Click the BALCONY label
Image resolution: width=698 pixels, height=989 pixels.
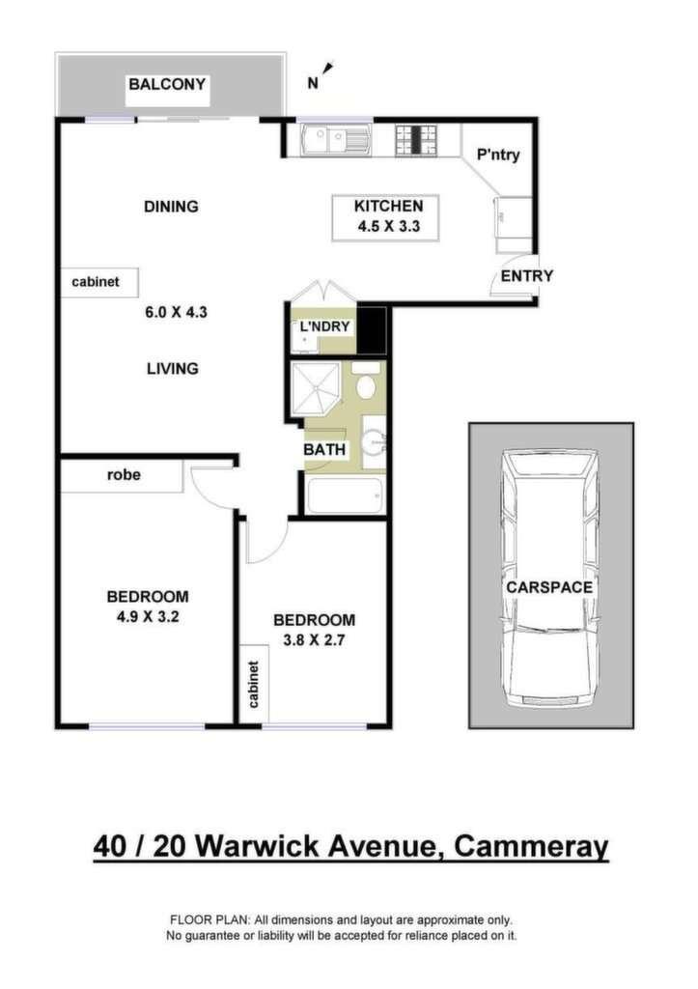pos(167,84)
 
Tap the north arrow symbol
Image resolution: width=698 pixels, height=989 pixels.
pos(328,69)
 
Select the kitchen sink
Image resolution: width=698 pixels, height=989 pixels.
pos(336,140)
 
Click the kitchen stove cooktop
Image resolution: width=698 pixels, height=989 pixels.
pos(415,140)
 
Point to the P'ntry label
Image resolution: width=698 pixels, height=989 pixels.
pos(498,155)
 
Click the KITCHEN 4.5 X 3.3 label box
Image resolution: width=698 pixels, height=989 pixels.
pos(385,217)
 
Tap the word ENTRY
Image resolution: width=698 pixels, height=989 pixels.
pos(526,275)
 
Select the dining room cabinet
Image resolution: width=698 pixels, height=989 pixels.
pos(99,282)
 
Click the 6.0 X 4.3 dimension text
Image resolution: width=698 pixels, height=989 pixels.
pos(176,312)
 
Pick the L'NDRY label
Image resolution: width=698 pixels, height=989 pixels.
pos(324,326)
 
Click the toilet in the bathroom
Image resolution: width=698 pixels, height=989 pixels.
pos(366,381)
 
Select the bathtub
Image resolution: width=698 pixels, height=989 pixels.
pos(345,495)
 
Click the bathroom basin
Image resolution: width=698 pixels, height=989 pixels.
pos(376,442)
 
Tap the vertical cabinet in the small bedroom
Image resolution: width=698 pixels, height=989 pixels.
pos(255,683)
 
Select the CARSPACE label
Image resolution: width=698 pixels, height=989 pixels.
pos(549,587)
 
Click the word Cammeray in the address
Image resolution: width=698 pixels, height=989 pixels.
pos(531,846)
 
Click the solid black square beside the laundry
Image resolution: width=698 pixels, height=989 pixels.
pos(372,329)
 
